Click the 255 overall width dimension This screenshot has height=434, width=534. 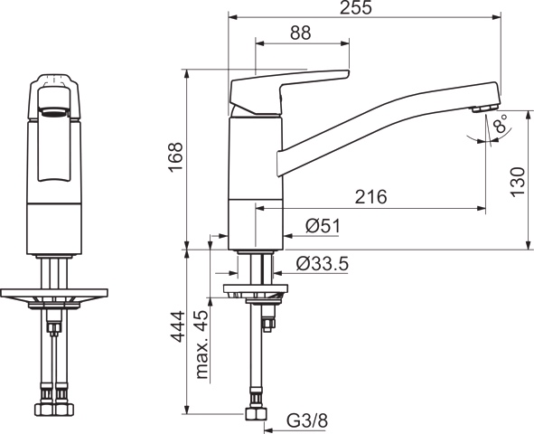[x=365, y=8]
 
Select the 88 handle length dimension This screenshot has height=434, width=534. [x=301, y=33]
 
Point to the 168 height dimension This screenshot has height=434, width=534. [x=175, y=157]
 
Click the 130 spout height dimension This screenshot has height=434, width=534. [x=517, y=181]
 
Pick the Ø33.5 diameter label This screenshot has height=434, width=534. [x=323, y=264]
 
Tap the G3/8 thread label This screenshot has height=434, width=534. [x=306, y=420]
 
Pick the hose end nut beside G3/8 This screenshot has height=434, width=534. [x=255, y=413]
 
